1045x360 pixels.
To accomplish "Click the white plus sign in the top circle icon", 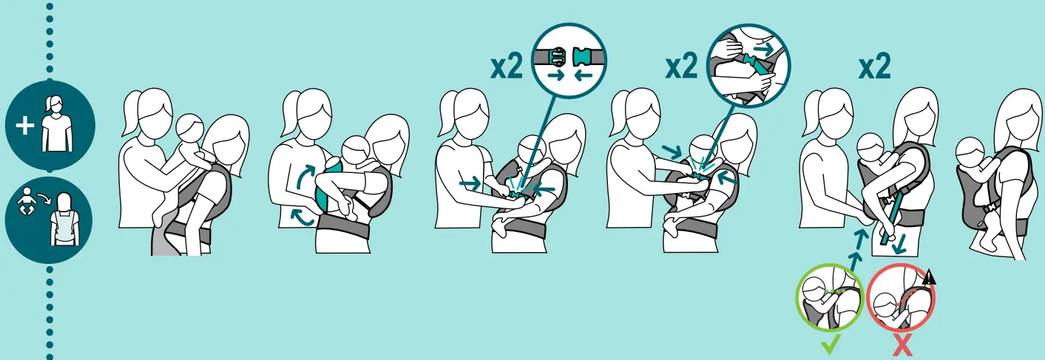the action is [24, 126].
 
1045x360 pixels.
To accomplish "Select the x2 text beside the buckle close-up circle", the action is [507, 67].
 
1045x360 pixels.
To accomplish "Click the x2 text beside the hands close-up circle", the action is [682, 67].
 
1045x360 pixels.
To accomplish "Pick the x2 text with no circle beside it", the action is [875, 67].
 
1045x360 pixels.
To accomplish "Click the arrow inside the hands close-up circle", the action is [764, 49].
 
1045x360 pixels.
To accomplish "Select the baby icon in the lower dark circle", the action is [26, 201].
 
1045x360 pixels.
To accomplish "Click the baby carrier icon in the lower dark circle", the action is [64, 219].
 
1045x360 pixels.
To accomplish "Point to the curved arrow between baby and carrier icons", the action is [44, 200].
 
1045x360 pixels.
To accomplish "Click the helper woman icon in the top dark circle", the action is [56, 123].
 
